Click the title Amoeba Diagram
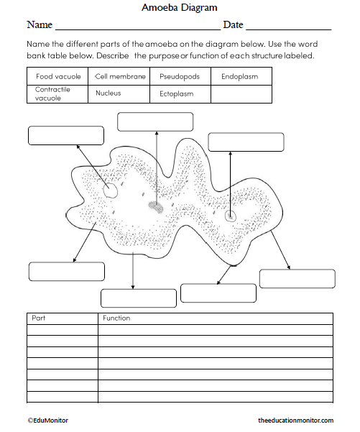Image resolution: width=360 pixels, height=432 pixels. [x=180, y=8]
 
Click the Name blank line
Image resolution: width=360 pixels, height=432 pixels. [x=137, y=27]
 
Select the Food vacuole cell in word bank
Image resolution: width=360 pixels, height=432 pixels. [x=58, y=76]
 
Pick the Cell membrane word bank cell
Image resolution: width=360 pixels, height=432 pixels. [x=121, y=76]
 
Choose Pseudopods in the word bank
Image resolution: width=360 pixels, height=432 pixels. [x=180, y=76]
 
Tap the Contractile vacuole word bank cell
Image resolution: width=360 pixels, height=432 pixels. [x=58, y=93]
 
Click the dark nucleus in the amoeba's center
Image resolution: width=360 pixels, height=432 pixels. [x=156, y=207]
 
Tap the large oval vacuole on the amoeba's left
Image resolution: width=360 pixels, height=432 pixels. [x=110, y=190]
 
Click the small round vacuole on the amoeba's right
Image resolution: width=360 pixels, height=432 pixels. [x=231, y=216]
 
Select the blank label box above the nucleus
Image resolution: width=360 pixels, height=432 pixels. [x=155, y=121]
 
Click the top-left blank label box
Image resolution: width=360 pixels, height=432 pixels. [x=61, y=135]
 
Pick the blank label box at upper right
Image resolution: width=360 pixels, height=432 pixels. [x=246, y=142]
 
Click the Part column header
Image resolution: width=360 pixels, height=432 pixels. [x=39, y=318]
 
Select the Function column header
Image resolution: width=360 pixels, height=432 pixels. [x=116, y=318]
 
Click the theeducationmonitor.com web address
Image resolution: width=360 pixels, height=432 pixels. [x=295, y=420]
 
